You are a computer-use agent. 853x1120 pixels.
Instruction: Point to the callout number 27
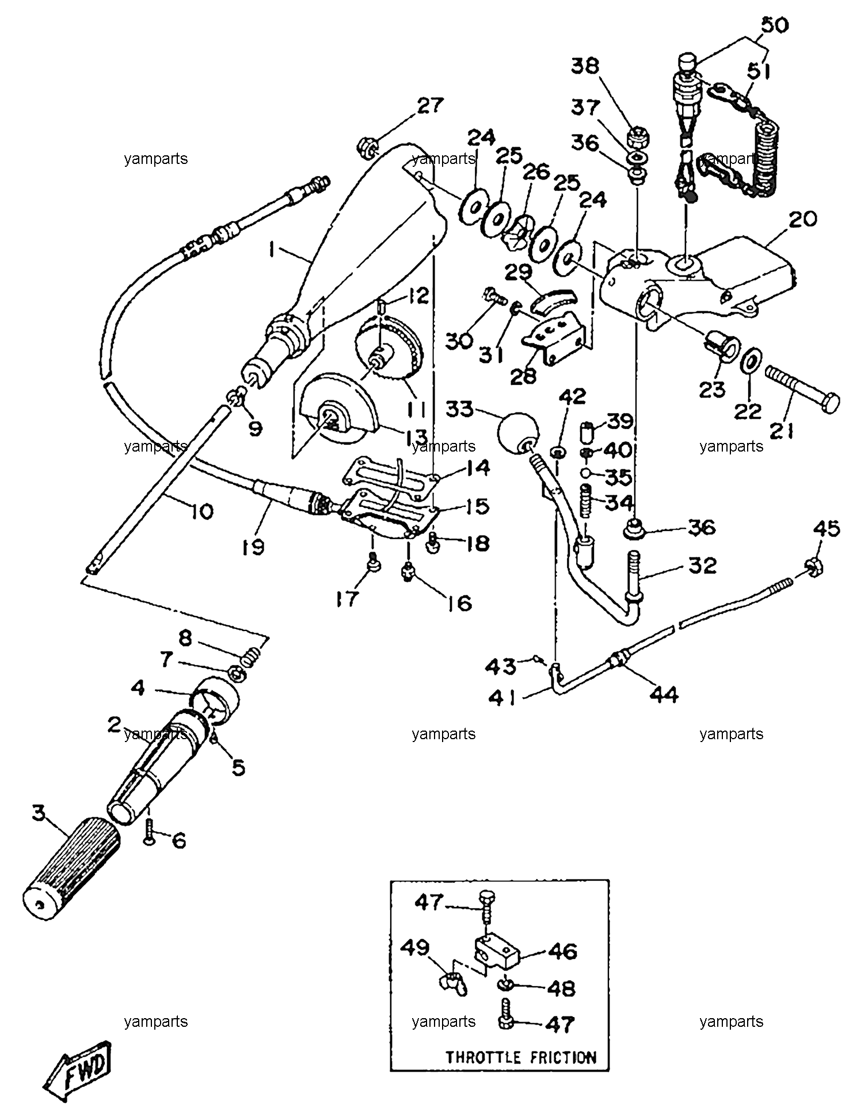(x=431, y=105)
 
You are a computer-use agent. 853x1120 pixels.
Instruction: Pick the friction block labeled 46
(x=497, y=951)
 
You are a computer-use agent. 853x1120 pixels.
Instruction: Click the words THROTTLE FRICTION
(x=521, y=1057)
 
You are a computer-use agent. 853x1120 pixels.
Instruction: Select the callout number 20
(x=802, y=219)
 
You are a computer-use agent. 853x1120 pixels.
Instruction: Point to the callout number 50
(x=775, y=25)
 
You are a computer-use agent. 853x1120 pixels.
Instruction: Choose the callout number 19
(x=254, y=546)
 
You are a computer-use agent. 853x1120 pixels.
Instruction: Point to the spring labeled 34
(x=586, y=501)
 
